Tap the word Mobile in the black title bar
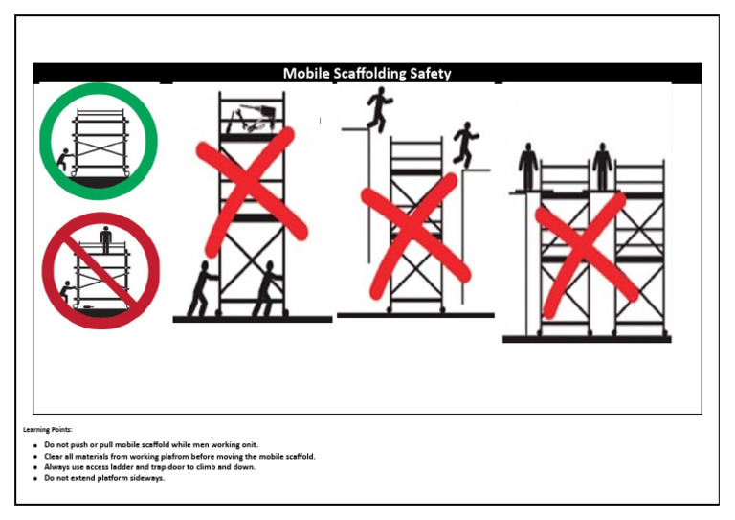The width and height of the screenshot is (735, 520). tap(305, 74)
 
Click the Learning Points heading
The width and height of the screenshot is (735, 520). tap(48, 430)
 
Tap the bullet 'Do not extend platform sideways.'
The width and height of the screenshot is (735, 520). tap(105, 478)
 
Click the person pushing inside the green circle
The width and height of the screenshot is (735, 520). tap(63, 160)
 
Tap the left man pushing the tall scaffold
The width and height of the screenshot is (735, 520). tap(201, 287)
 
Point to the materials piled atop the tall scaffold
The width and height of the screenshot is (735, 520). tap(253, 119)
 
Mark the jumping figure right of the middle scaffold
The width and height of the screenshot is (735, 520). tap(465, 144)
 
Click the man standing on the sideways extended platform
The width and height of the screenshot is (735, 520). tap(528, 167)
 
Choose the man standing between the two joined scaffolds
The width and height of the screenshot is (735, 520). tap(601, 166)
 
